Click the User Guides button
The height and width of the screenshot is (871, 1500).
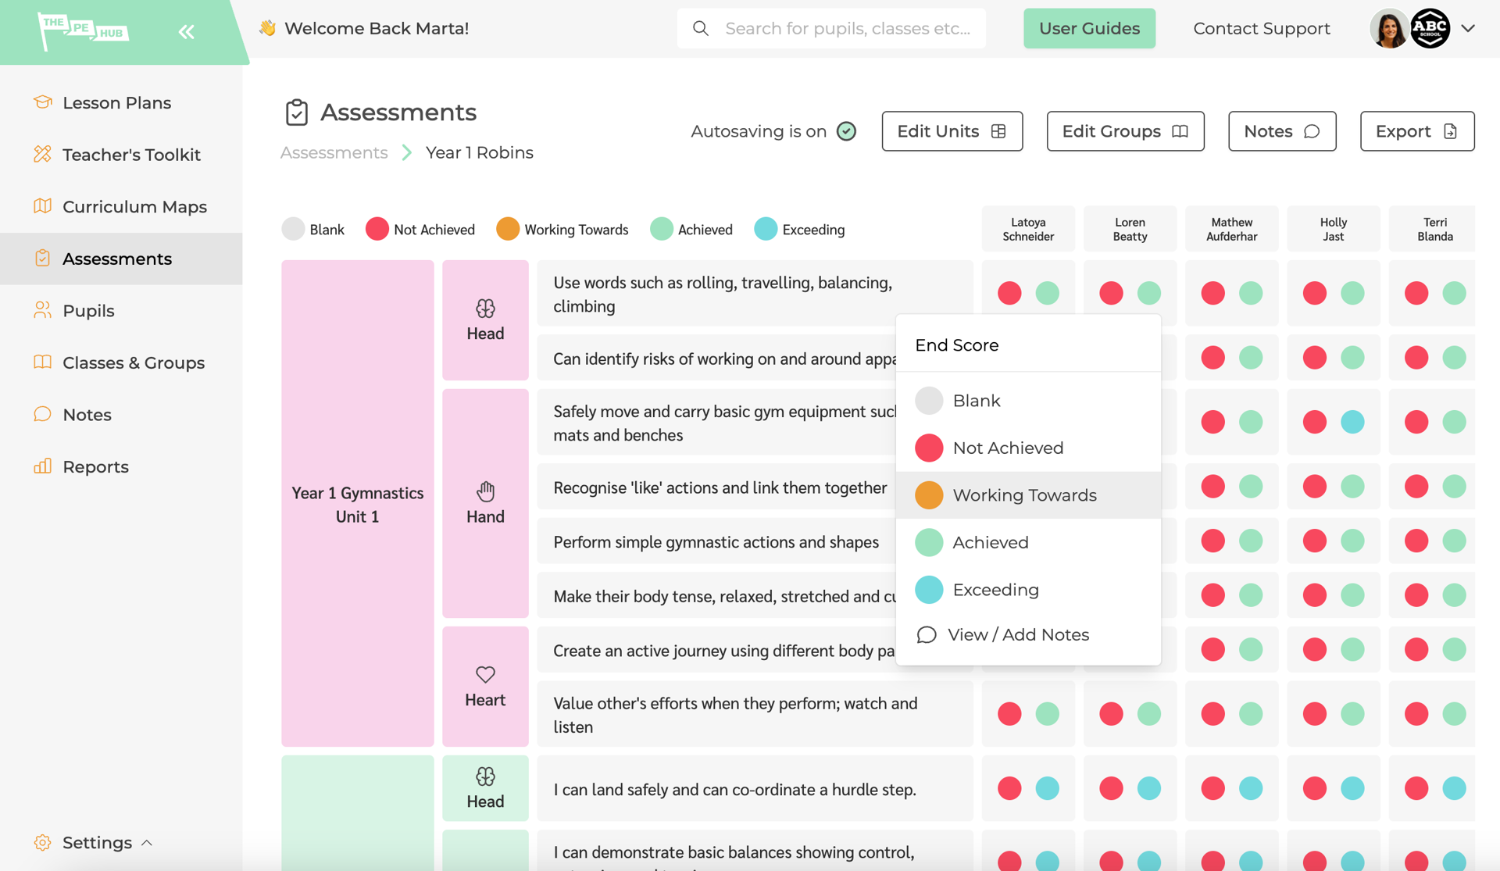(x=1089, y=29)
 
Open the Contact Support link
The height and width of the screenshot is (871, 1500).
(x=1261, y=29)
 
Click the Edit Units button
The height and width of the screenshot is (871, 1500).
(x=952, y=131)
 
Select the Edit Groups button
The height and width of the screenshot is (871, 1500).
(x=1124, y=131)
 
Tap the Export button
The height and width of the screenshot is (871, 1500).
(x=1416, y=131)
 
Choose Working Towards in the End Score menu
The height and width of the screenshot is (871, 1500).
(x=1024, y=495)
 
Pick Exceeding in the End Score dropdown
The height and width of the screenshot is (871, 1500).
(x=995, y=590)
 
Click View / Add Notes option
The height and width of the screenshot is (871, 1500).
(x=1017, y=635)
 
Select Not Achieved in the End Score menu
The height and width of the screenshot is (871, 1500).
(x=1008, y=448)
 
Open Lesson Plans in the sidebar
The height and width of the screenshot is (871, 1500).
(x=116, y=103)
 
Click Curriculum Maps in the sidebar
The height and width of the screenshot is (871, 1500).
(x=134, y=207)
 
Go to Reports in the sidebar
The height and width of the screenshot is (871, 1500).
(x=95, y=467)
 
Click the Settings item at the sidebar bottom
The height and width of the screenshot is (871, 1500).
(x=97, y=843)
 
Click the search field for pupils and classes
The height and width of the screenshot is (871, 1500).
(x=848, y=29)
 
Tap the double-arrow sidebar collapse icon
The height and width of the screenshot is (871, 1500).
(x=186, y=32)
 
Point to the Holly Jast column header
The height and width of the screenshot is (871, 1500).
(x=1333, y=229)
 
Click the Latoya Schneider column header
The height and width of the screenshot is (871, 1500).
(x=1028, y=229)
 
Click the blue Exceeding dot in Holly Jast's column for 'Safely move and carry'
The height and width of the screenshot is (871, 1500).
(x=1352, y=423)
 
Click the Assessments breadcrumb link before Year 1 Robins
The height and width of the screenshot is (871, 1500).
(x=334, y=153)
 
